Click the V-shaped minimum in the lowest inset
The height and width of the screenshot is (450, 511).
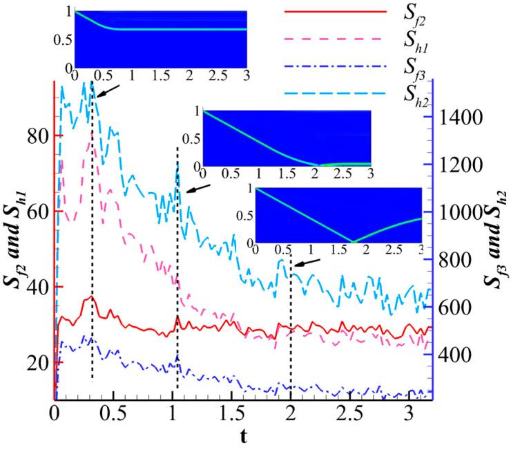tap(355, 242)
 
